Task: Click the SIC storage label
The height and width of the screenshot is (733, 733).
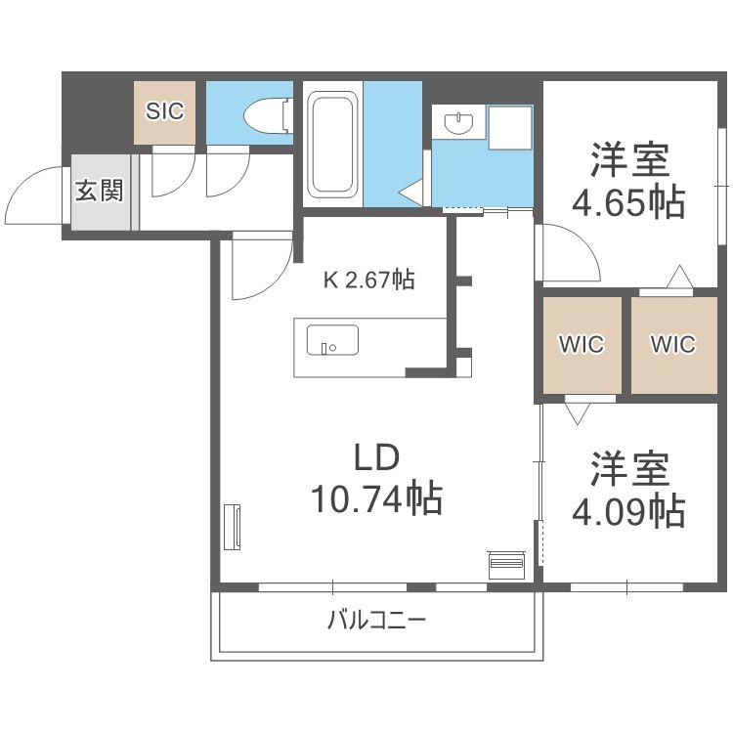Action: (165, 111)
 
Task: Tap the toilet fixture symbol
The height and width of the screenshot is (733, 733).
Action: (269, 114)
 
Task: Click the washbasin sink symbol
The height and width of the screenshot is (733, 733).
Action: (456, 123)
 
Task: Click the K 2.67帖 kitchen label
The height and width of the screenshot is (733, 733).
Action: (369, 280)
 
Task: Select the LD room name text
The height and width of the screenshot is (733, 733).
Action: (377, 456)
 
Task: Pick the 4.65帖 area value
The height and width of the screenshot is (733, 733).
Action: (627, 201)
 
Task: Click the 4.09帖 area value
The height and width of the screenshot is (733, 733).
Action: (627, 509)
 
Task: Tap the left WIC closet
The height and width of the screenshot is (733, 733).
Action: (582, 344)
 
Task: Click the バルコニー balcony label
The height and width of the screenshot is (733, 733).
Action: (377, 620)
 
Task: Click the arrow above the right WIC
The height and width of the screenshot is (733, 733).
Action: (674, 278)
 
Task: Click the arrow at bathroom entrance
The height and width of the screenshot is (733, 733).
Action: (410, 192)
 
